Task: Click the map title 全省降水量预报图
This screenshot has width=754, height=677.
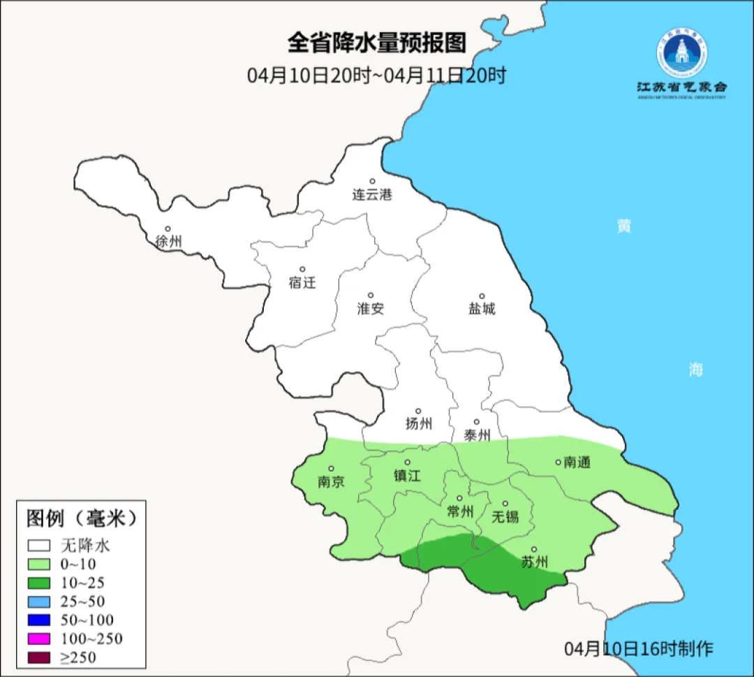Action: pos(376,43)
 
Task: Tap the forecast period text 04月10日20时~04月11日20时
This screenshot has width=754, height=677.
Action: pos(376,75)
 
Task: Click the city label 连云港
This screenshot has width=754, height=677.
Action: pos(372,195)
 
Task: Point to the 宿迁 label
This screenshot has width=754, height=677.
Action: pos(302,282)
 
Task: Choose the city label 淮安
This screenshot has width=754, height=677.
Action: pos(371,308)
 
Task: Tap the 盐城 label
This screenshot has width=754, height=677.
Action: pos(481,308)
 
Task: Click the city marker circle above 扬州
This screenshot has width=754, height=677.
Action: pos(418,412)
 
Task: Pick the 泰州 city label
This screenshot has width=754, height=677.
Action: pos(477,435)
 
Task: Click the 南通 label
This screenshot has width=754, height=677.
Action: pos(577,463)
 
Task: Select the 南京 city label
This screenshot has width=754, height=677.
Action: pos(331,481)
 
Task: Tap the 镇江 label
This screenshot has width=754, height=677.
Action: pos(408,475)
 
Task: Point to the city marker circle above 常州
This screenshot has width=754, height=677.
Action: pos(459,499)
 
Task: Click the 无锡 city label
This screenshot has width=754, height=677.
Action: pos(505,517)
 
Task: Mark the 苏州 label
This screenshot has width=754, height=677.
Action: pos(535,562)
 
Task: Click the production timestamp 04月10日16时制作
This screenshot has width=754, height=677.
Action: pos(639,649)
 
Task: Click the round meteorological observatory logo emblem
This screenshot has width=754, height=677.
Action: pos(681,53)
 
